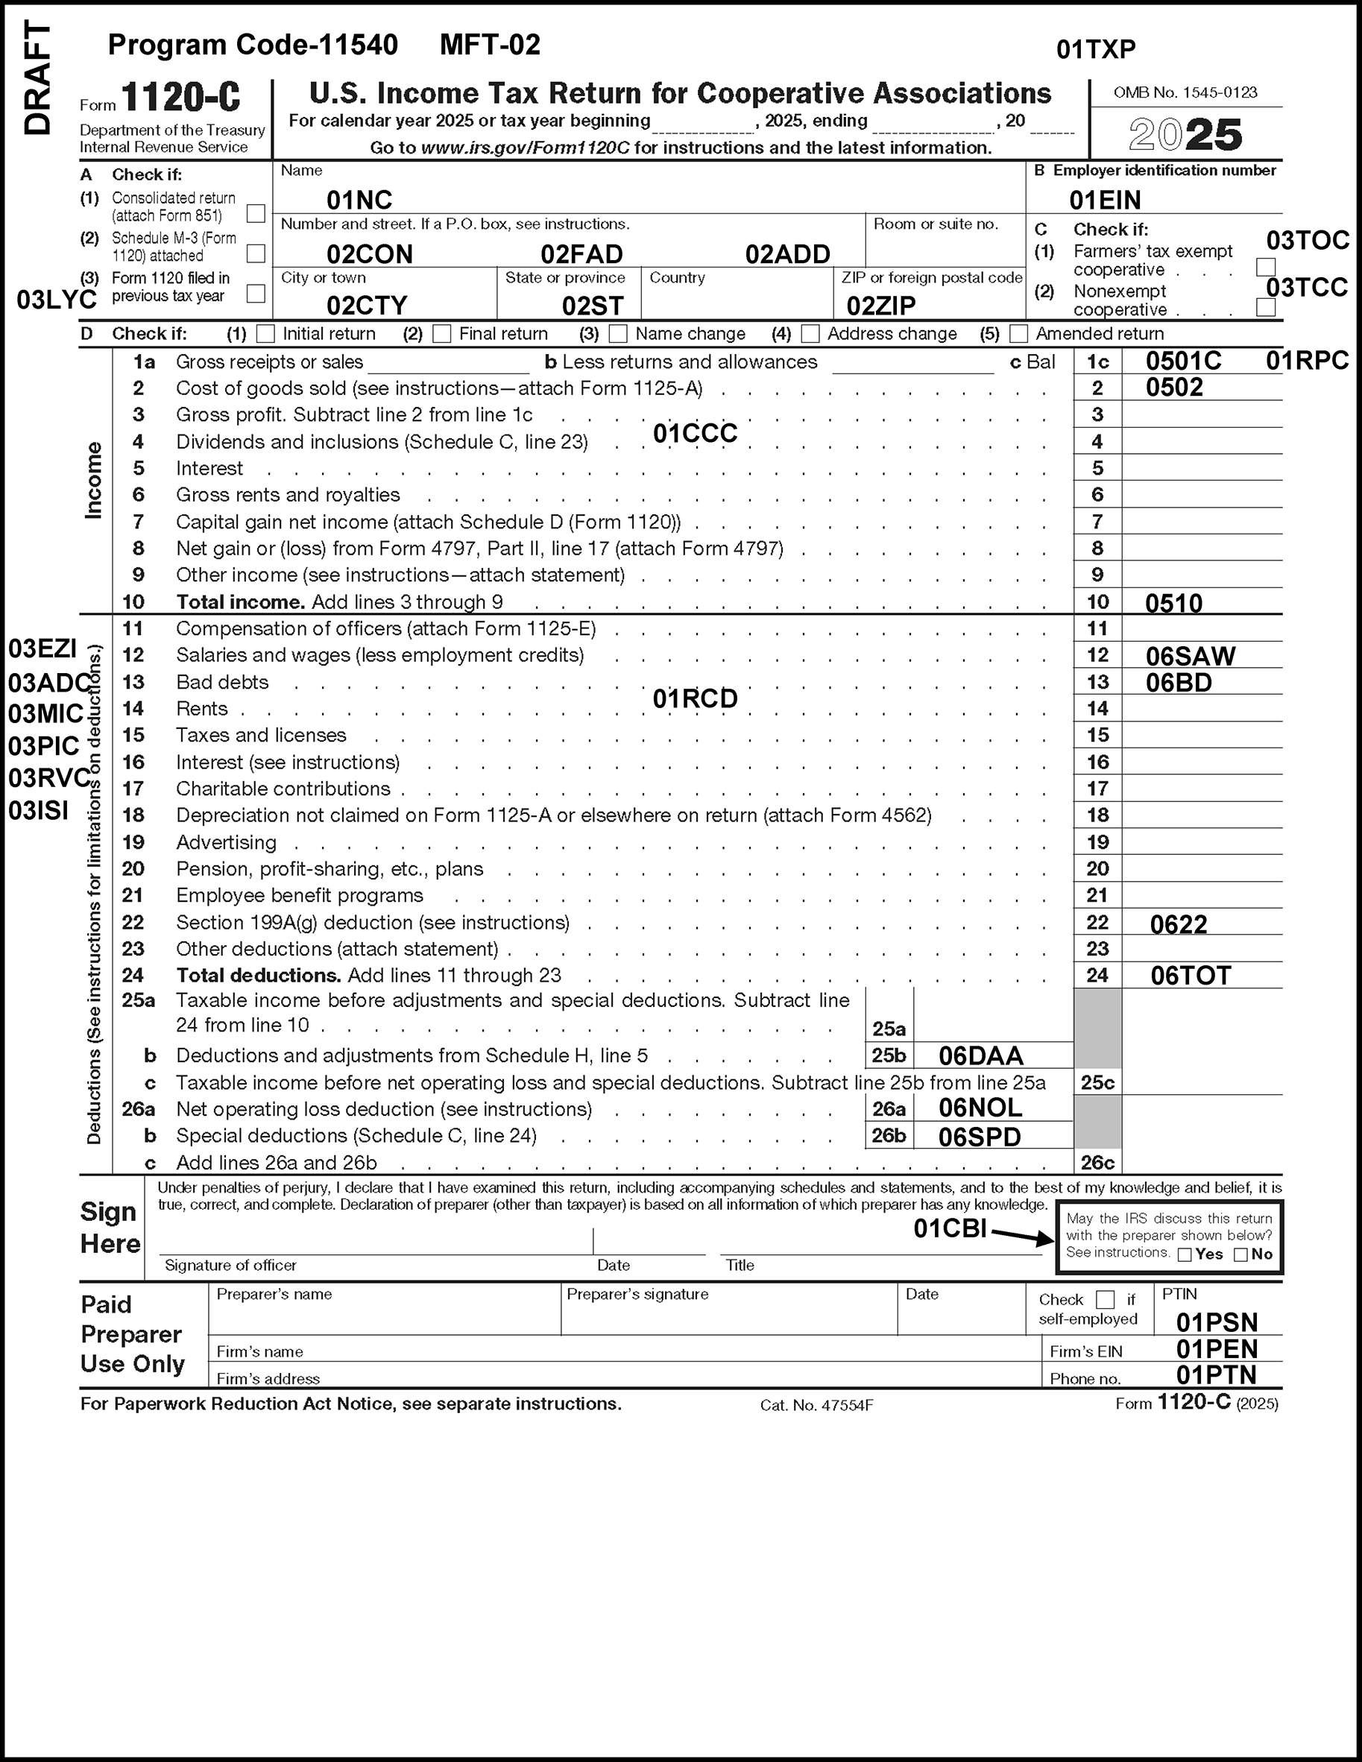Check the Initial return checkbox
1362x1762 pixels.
point(265,333)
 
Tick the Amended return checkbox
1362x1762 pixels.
point(1018,333)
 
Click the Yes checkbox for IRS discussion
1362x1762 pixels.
point(1185,1254)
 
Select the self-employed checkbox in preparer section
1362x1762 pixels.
point(1105,1300)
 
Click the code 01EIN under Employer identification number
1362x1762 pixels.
point(1105,199)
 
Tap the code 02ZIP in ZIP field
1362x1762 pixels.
point(880,306)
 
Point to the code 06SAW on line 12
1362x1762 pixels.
point(1190,656)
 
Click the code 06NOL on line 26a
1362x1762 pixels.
point(980,1108)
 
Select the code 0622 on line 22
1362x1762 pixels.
point(1178,923)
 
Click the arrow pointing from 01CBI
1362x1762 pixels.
point(1021,1235)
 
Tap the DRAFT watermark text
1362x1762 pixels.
point(38,78)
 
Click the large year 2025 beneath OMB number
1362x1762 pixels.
point(1185,135)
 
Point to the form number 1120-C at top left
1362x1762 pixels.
point(180,98)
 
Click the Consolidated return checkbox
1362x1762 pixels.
point(255,213)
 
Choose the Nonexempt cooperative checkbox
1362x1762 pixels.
point(1265,307)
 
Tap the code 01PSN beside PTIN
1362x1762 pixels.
point(1216,1322)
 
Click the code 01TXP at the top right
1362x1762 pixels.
point(1095,49)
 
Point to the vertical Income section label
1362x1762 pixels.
point(95,480)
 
